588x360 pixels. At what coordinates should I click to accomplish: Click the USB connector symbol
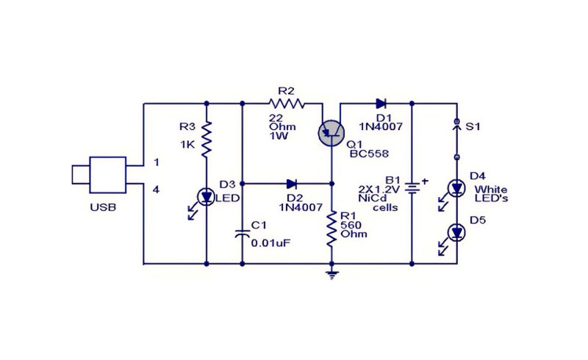click(x=107, y=175)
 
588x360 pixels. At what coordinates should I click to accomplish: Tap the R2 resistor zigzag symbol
click(x=287, y=104)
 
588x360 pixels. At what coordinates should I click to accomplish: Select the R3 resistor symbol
click(x=207, y=139)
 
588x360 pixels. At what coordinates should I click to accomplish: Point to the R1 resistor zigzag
click(x=331, y=229)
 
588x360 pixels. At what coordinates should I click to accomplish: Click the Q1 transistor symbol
click(x=331, y=132)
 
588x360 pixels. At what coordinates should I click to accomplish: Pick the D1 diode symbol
click(x=381, y=104)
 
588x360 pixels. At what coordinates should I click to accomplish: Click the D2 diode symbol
click(x=291, y=184)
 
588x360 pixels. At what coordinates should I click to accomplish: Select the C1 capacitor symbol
click(x=243, y=233)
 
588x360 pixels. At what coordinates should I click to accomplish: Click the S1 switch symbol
click(x=456, y=139)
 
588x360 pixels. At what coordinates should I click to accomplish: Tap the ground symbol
click(x=331, y=276)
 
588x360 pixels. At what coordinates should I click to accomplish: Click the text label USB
click(x=103, y=207)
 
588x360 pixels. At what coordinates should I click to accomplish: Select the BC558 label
click(x=369, y=154)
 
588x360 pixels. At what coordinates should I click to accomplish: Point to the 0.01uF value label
click(x=270, y=243)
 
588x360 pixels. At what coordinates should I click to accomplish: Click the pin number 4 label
click(x=157, y=190)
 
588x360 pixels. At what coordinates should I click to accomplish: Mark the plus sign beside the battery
click(x=425, y=181)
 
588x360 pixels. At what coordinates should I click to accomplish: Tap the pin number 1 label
click(x=157, y=162)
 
